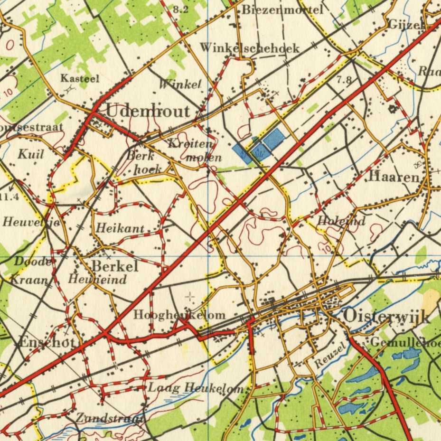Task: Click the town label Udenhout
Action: pyautogui.click(x=148, y=111)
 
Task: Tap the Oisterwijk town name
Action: pyautogui.click(x=385, y=316)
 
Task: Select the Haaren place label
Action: pyautogui.click(x=394, y=177)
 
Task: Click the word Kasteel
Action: pyautogui.click(x=79, y=78)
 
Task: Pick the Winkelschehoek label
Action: pyautogui.click(x=249, y=48)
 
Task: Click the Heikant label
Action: pyautogui.click(x=120, y=229)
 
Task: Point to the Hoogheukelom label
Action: pyautogui.click(x=179, y=315)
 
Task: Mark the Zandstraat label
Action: pyautogui.click(x=110, y=418)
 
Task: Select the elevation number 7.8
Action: pyautogui.click(x=344, y=80)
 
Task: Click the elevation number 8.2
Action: pyautogui.click(x=180, y=9)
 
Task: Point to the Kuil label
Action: pyautogui.click(x=31, y=154)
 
